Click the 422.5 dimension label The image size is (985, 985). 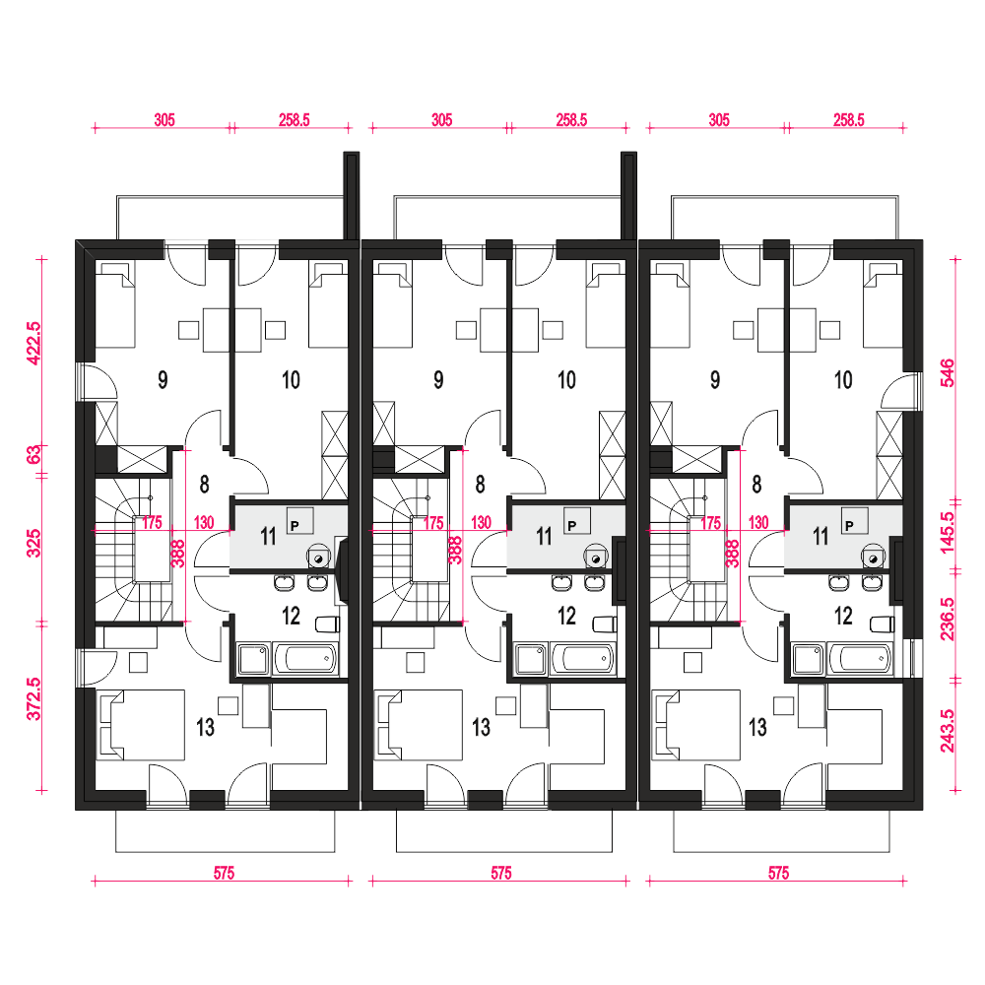(x=33, y=343)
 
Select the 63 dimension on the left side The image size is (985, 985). (x=33, y=453)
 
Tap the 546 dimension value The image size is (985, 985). (x=947, y=372)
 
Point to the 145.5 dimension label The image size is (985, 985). (x=947, y=533)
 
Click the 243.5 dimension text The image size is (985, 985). (x=947, y=731)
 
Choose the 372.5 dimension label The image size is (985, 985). (x=33, y=698)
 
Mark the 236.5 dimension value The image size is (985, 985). (x=947, y=619)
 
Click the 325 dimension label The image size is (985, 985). (x=33, y=543)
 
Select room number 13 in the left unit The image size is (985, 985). (x=205, y=727)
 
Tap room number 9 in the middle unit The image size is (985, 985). (x=438, y=379)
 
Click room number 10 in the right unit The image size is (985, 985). (x=843, y=379)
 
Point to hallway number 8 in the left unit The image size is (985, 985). (x=204, y=485)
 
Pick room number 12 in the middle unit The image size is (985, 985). (x=566, y=616)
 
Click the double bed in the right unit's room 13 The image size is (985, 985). (x=696, y=725)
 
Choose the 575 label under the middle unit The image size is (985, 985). (x=500, y=873)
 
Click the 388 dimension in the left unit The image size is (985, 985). (x=179, y=554)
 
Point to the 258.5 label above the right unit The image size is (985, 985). (x=849, y=119)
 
